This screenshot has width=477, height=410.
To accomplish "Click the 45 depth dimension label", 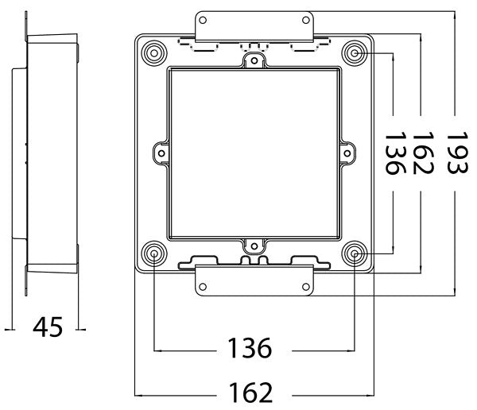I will tap(47, 327).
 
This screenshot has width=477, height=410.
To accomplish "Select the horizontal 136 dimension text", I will tap(250, 349).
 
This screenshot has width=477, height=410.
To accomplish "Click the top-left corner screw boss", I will tap(153, 53).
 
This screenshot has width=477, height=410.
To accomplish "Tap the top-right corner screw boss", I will tap(355, 53).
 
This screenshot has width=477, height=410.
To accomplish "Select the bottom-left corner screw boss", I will tap(153, 253).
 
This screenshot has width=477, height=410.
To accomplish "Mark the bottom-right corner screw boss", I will tap(355, 253).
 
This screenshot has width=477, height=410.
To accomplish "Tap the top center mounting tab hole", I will tap(254, 59).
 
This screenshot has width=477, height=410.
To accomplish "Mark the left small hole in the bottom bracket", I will tap(204, 286).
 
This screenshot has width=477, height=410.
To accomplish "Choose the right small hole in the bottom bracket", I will tap(305, 286).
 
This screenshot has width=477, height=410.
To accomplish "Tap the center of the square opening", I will tap(254, 153).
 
